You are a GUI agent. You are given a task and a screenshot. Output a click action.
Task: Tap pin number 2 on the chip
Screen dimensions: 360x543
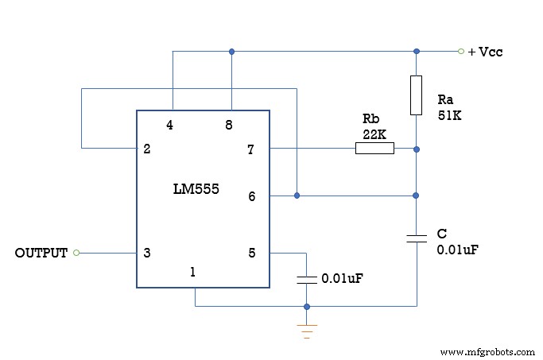tap(147, 149)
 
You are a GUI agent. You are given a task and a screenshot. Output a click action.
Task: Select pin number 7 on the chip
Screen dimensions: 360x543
tap(252, 149)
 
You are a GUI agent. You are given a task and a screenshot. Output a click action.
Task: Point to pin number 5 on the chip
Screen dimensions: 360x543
tap(252, 254)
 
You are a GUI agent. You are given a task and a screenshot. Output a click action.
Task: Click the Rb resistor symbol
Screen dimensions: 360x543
tap(374, 148)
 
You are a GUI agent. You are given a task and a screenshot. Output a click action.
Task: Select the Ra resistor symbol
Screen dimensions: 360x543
tap(416, 95)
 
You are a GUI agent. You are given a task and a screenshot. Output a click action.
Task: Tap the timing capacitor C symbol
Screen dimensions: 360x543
tap(416, 238)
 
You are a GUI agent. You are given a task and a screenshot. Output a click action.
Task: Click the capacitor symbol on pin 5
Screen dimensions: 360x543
tap(307, 279)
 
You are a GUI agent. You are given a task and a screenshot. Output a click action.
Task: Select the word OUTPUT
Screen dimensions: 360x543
tap(41, 254)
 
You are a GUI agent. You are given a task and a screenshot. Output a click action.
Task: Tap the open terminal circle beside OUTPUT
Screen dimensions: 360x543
tap(76, 253)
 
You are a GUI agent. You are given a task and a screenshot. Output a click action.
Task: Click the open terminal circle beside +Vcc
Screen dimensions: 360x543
tap(460, 52)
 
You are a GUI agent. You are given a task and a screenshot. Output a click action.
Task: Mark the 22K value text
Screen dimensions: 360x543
tap(374, 134)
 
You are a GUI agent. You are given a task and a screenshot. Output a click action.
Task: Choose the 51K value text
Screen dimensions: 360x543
tap(449, 115)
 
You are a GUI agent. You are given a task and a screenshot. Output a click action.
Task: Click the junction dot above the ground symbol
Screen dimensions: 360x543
tap(307, 306)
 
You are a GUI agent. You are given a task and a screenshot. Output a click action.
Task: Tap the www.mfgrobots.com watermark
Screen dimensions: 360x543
tap(486, 351)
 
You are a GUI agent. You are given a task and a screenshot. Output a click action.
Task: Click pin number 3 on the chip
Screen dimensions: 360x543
tap(147, 254)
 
